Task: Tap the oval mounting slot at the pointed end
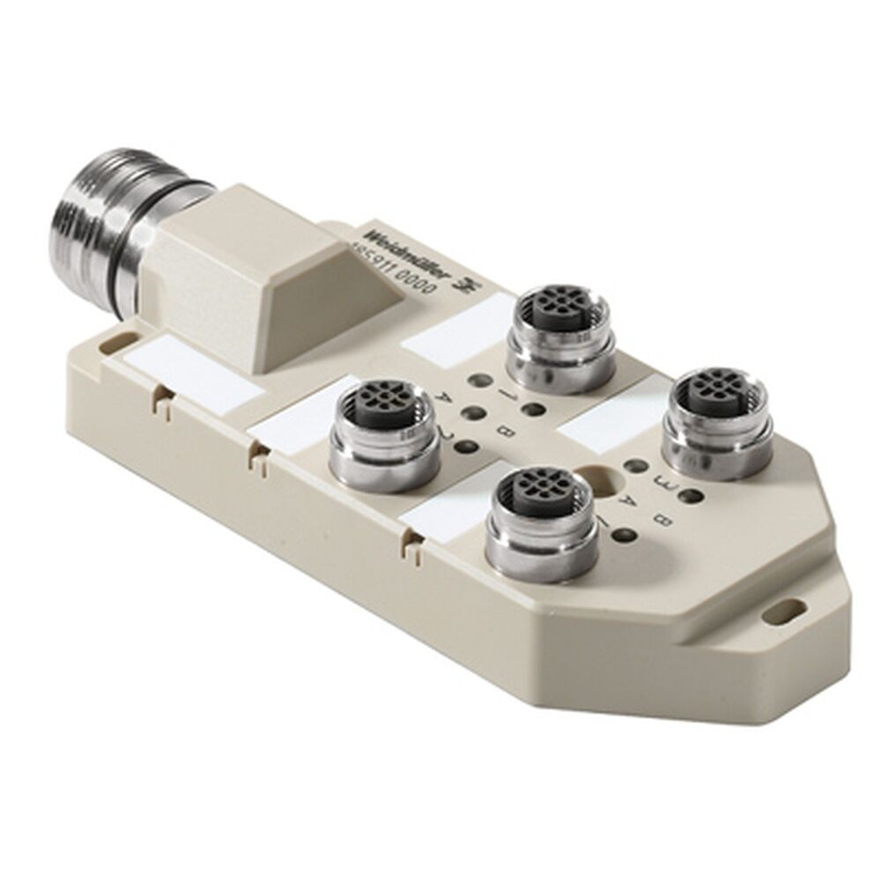(x=789, y=607)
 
